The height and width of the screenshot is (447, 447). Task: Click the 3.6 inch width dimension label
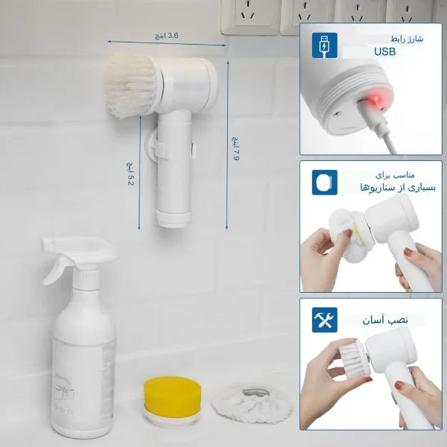(166, 36)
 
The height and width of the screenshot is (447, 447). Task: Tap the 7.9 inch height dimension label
(236, 148)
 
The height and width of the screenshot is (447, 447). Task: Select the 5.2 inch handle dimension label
(130, 174)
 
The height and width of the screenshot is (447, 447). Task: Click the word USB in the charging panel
(385, 51)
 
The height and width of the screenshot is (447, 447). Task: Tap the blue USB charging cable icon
(324, 45)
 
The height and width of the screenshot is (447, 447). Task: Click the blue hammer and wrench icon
(325, 320)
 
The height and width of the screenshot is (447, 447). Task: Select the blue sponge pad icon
(325, 183)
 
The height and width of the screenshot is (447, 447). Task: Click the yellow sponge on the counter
(173, 397)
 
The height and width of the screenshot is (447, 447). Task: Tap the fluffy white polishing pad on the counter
(253, 405)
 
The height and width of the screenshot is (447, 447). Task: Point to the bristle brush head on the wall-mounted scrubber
(132, 85)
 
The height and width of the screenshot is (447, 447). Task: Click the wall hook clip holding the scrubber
(156, 146)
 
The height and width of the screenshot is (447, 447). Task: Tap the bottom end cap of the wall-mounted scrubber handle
(174, 219)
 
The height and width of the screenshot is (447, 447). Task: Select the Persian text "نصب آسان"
(385, 320)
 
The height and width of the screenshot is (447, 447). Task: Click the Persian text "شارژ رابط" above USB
(407, 39)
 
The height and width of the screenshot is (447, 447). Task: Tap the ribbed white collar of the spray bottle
(86, 279)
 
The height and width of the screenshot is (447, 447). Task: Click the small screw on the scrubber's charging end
(337, 114)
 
